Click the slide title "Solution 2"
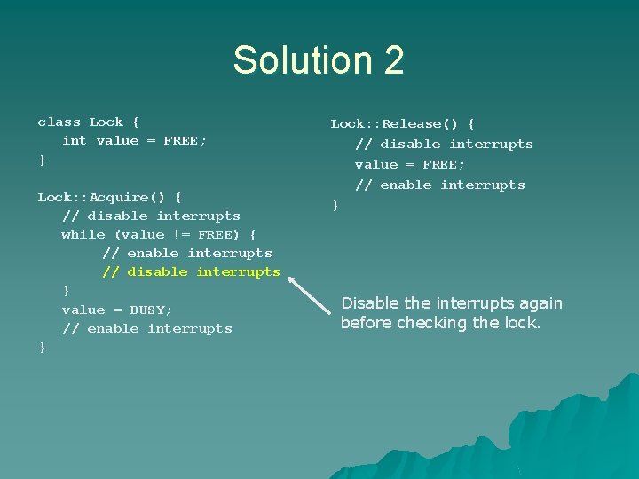click(319, 60)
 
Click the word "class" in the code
click(59, 122)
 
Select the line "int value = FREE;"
click(134, 141)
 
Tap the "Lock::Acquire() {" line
click(110, 197)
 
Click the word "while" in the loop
click(83, 234)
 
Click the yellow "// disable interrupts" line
click(191, 271)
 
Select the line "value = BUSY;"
click(117, 310)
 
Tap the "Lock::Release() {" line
click(403, 124)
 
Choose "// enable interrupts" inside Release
click(440, 185)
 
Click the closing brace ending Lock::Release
click(335, 206)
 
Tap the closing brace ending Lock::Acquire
click(42, 347)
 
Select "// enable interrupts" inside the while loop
click(187, 253)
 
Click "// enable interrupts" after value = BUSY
click(147, 328)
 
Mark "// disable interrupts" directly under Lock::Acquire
click(151, 216)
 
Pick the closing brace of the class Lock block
click(42, 161)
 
